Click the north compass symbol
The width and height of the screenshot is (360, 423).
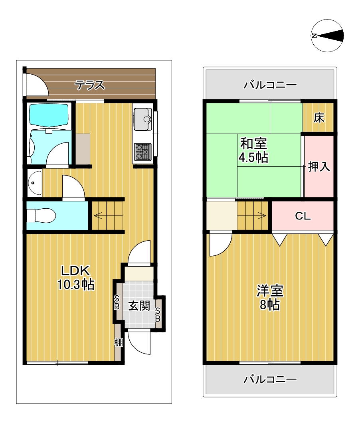(x=327, y=36)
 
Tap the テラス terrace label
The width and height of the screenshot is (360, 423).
(x=89, y=85)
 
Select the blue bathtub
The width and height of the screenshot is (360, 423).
(x=49, y=115)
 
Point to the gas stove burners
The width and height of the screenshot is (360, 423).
(x=143, y=152)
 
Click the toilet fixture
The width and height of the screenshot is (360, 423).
(x=41, y=215)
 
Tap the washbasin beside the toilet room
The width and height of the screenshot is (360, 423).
(x=34, y=183)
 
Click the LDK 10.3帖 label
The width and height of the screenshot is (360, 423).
(x=75, y=277)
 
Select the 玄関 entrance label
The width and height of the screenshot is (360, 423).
(x=139, y=306)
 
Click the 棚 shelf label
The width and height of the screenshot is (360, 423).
(x=119, y=342)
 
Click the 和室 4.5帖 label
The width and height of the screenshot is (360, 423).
(x=253, y=150)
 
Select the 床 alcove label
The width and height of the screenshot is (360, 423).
(x=319, y=118)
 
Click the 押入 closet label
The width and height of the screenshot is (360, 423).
(x=319, y=166)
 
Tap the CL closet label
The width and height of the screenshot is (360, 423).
(x=303, y=216)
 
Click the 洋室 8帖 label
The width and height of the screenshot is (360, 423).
(x=269, y=298)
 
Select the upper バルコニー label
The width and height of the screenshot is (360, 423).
(x=270, y=85)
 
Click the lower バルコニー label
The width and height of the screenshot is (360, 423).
(x=270, y=379)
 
